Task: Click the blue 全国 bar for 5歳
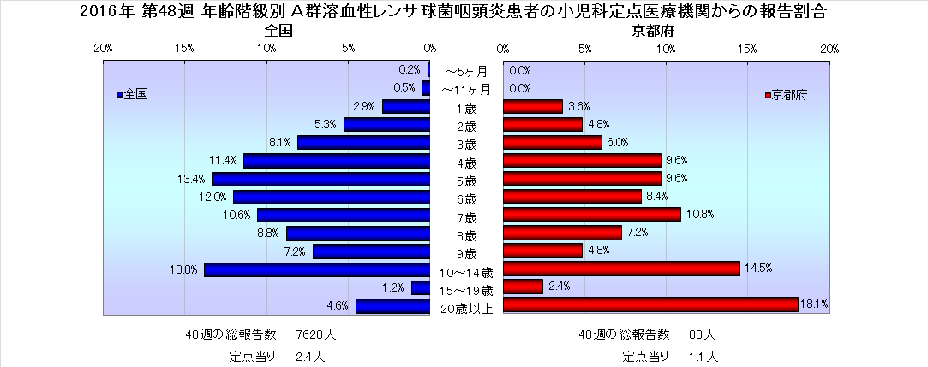coord(320,179)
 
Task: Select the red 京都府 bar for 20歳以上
coord(650,305)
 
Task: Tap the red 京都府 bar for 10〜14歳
coord(621,269)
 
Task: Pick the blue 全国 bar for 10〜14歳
coord(316,269)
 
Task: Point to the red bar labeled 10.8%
coord(591,215)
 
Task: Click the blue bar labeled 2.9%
coord(405,107)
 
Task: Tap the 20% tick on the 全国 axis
coord(103,48)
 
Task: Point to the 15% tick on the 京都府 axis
coord(748,48)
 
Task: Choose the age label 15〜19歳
coord(465,291)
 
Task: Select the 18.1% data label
coord(814,305)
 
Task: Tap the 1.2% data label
coord(393,287)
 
